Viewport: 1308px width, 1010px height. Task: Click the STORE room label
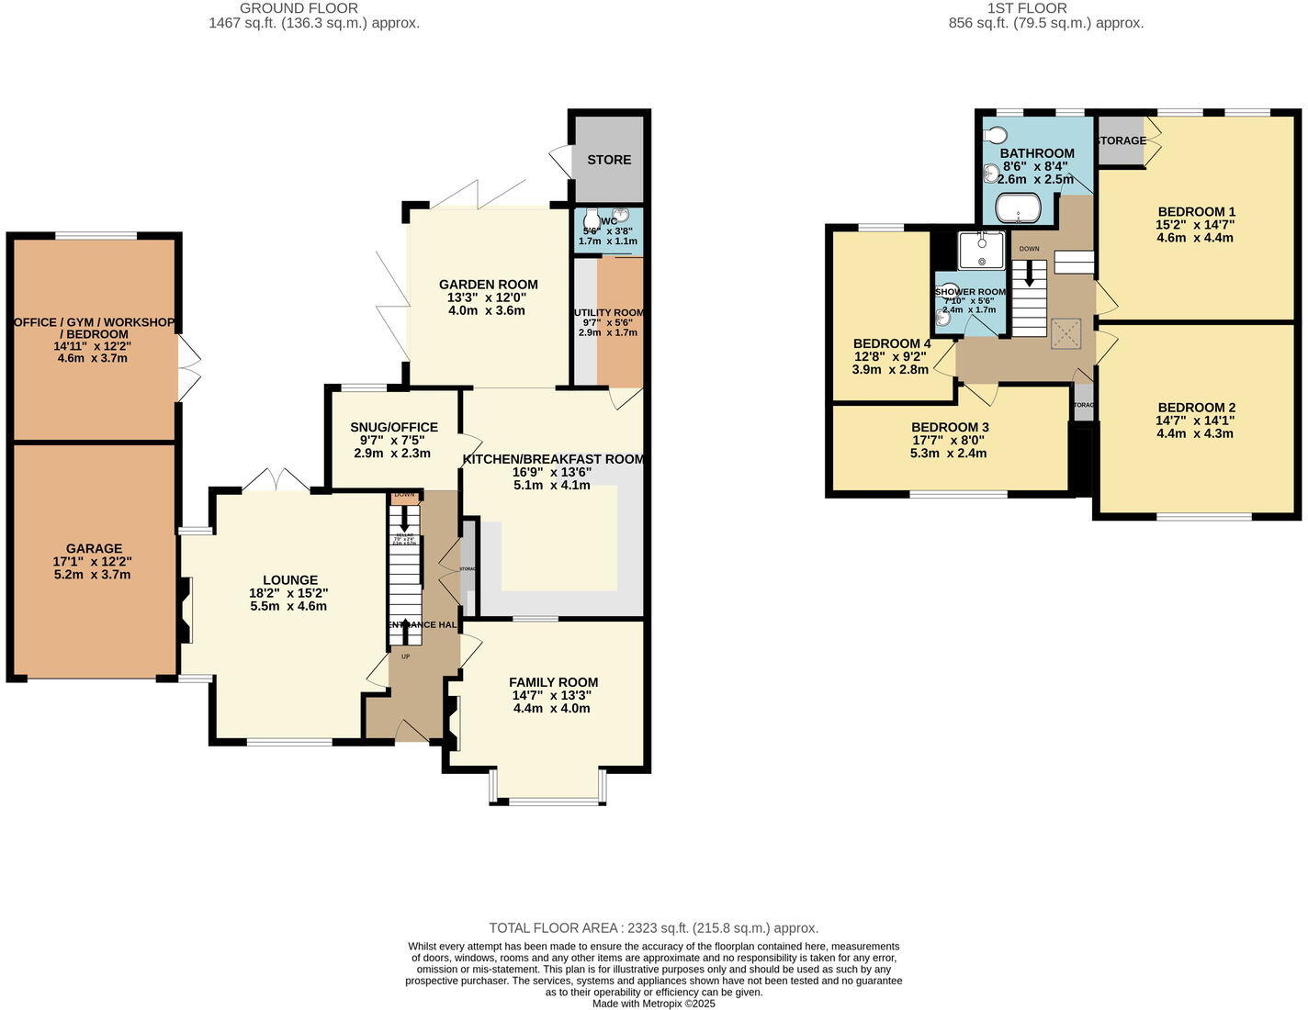[609, 160]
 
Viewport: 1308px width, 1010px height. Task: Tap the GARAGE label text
[94, 548]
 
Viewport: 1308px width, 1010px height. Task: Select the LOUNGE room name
[290, 579]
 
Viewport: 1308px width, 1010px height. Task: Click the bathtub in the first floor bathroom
[1019, 208]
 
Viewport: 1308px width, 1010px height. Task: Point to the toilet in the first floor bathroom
[995, 136]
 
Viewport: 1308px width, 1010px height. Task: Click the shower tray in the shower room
[981, 250]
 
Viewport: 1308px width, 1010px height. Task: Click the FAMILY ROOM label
[553, 682]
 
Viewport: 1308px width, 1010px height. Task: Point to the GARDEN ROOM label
[488, 285]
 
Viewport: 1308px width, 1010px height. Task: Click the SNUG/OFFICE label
[394, 427]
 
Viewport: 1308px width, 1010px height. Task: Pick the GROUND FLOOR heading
[299, 8]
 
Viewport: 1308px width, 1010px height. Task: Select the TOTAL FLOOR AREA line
[653, 928]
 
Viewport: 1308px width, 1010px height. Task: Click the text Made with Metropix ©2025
[653, 1004]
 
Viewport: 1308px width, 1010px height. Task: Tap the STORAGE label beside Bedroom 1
[1122, 140]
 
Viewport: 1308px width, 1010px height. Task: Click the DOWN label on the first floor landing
[1029, 249]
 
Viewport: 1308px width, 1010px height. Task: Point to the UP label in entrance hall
[405, 656]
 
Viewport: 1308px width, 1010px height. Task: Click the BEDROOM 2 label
[1196, 408]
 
